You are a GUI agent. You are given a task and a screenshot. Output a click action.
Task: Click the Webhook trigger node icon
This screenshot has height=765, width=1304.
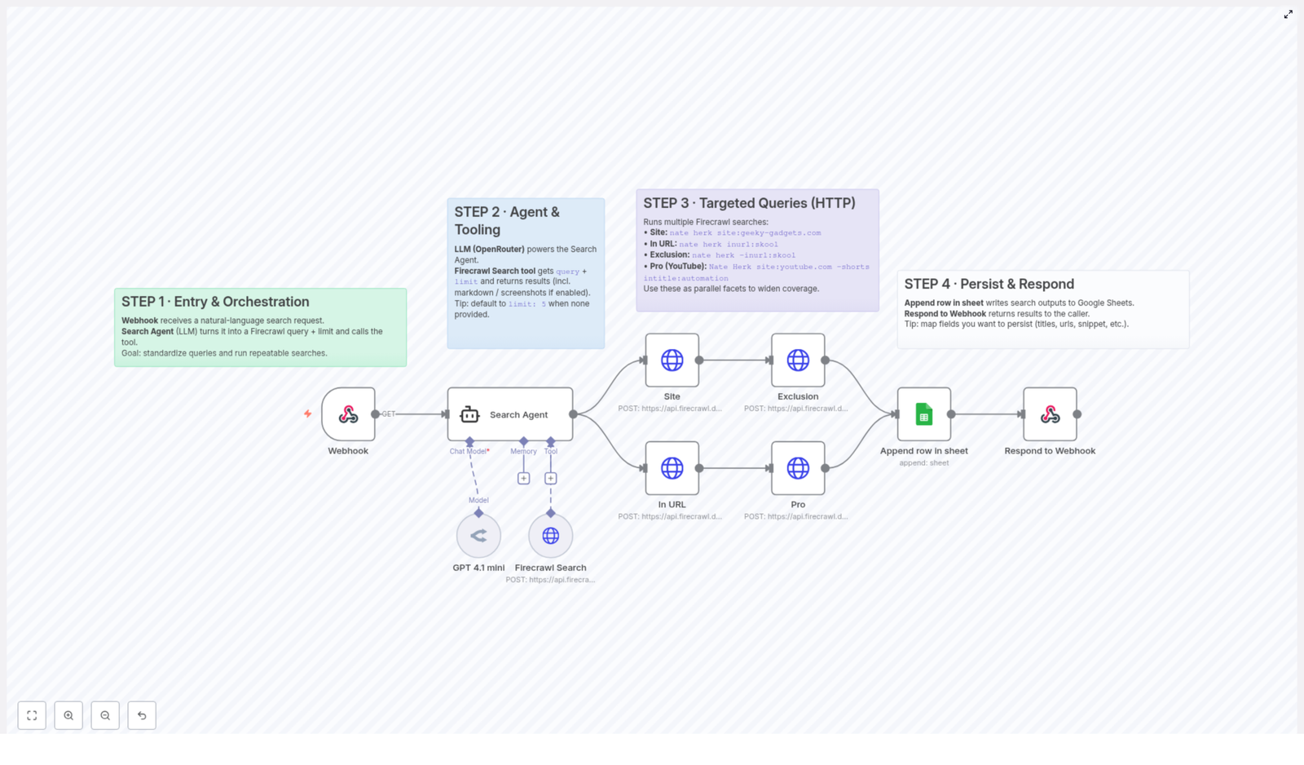pos(348,414)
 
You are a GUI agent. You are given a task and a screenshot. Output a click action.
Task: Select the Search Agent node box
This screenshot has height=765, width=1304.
pos(510,414)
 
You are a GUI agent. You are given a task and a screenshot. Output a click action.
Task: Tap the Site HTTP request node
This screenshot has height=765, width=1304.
pos(672,360)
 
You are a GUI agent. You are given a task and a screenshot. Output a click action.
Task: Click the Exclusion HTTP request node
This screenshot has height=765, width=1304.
pos(798,360)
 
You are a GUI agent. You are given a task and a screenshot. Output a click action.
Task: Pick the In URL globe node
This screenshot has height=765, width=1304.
pos(672,468)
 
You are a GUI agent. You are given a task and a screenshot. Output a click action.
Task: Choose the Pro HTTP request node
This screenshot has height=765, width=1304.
pos(798,468)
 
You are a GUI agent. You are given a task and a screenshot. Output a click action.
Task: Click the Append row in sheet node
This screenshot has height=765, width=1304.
pos(923,414)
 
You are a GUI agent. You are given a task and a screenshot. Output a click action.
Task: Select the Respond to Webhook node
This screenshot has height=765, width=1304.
pos(1050,414)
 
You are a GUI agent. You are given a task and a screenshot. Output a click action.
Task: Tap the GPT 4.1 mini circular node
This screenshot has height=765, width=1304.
pos(478,536)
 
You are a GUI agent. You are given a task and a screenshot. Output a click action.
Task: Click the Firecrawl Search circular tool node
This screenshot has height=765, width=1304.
pos(550,536)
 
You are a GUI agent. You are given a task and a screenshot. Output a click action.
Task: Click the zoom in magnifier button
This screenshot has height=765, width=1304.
pos(68,715)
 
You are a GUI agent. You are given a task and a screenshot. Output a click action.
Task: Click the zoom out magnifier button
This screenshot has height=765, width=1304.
pos(105,715)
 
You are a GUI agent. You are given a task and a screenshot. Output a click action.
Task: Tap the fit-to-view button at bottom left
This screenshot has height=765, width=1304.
pos(32,715)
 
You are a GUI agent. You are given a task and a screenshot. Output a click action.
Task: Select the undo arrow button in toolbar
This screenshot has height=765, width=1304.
pos(142,715)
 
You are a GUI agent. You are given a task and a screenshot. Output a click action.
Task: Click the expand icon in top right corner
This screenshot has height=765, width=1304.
pos(1288,15)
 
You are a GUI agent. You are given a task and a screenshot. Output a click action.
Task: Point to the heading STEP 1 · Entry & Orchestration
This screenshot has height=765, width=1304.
pos(215,302)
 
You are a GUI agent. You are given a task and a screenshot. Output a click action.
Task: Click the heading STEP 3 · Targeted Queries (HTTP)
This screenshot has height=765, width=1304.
pos(749,203)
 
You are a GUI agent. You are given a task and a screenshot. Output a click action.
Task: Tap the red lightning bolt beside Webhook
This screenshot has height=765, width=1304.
pos(307,413)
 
